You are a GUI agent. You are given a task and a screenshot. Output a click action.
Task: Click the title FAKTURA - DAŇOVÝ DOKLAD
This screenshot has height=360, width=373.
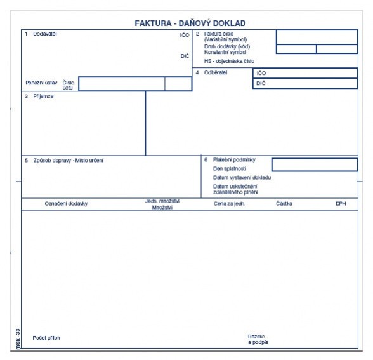pos(190,23)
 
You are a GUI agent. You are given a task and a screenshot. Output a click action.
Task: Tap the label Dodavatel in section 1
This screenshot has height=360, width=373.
pos(45,34)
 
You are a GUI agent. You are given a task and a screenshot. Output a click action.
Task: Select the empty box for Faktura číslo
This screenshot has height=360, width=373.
pos(317,37)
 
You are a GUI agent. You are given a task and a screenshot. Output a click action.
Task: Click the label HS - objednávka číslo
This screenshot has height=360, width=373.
pos(229,61)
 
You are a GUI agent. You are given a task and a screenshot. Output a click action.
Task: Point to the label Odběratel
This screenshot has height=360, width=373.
pos(216,72)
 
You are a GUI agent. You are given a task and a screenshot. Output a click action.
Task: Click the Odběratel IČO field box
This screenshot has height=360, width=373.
pos(305,73)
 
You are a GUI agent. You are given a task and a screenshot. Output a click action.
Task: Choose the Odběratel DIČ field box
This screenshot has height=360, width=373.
pos(305,83)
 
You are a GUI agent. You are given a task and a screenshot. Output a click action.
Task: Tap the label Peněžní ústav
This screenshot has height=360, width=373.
pos(41,83)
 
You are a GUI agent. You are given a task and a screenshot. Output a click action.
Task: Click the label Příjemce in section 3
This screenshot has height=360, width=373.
pos(43,97)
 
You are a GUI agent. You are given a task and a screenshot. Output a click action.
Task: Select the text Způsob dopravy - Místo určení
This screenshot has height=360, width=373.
pos(69,161)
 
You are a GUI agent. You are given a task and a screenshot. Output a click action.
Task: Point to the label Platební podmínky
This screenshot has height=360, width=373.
pos(234,160)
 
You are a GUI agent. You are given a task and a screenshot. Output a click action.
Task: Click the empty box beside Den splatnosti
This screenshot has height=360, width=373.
pos(315,165)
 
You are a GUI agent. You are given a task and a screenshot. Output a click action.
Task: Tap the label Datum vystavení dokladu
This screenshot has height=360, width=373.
pos(242,178)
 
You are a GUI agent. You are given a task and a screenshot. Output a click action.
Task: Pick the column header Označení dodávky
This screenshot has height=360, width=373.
pos(66,204)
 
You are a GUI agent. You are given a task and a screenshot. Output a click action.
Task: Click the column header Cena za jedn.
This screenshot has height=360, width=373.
pos(230,204)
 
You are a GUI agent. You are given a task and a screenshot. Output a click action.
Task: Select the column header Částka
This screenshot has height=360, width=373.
pos(284,204)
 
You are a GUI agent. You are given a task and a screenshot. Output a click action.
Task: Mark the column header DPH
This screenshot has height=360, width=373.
pos(341,204)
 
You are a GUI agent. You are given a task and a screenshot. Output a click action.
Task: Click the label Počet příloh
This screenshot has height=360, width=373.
pos(46,338)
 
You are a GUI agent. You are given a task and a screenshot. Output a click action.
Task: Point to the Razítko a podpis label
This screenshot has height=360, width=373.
pos(258,340)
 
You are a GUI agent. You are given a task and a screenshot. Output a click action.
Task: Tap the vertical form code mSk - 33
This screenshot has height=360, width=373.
pos(18,339)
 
